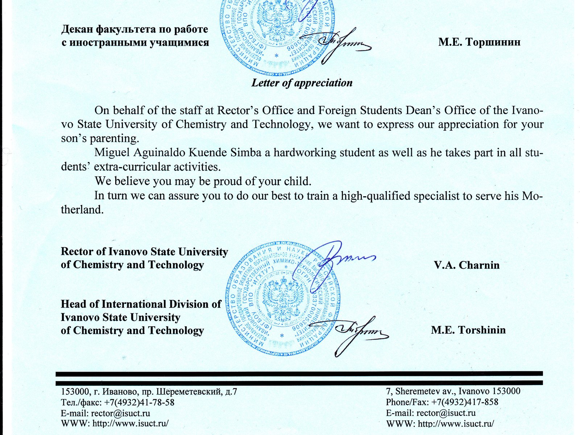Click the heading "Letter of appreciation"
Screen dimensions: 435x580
(x=302, y=83)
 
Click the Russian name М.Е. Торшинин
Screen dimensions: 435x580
(x=479, y=42)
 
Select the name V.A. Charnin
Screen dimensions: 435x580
(x=467, y=265)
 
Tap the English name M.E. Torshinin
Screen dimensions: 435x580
(x=468, y=330)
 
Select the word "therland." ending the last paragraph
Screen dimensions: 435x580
(x=82, y=210)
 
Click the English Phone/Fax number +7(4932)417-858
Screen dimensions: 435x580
(x=465, y=402)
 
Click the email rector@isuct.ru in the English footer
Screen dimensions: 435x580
(x=446, y=413)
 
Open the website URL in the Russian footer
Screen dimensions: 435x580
(x=130, y=423)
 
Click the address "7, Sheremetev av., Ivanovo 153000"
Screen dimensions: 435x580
(x=453, y=391)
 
